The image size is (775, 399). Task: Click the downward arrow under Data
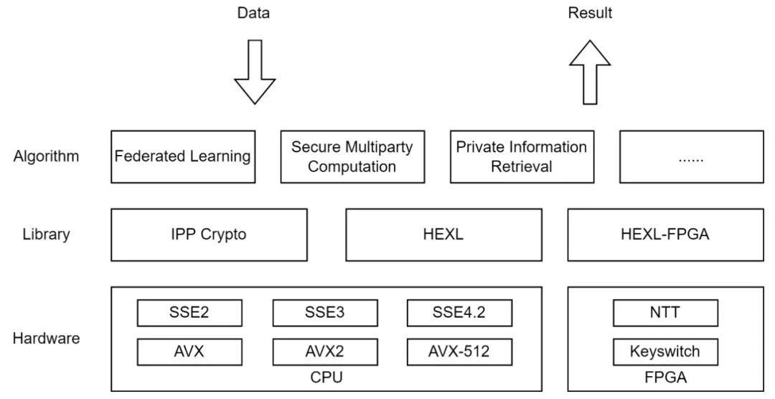(255, 72)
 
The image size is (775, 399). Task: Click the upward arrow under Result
(590, 72)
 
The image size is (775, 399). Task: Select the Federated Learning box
(183, 156)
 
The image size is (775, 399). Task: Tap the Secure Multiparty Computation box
(352, 156)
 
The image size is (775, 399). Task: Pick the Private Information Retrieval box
(522, 156)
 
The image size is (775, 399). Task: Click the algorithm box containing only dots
(691, 156)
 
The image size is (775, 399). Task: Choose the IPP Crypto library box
(209, 235)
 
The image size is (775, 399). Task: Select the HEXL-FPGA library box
(665, 235)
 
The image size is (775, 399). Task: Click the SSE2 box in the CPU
(189, 313)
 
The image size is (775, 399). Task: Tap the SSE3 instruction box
(325, 313)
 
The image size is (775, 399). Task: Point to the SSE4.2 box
(459, 313)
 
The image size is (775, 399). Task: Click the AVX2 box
(325, 352)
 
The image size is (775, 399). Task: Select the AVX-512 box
(459, 352)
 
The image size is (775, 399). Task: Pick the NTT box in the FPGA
(665, 313)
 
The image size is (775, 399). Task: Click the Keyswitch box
(665, 352)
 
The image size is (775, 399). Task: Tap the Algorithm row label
(46, 156)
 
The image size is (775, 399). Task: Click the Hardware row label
(46, 339)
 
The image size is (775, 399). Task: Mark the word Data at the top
(254, 13)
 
